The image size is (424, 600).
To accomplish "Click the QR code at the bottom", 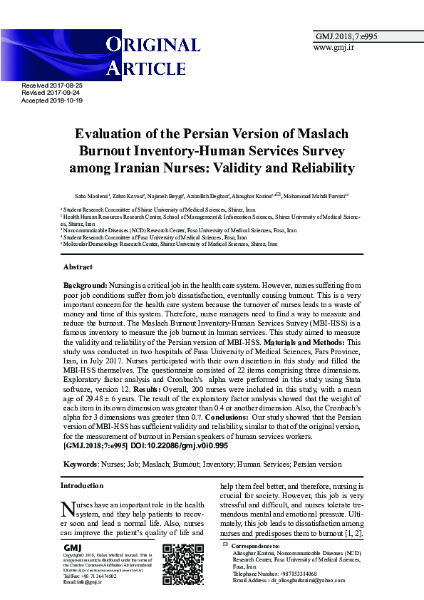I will (183, 564).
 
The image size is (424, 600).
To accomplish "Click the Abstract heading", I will (78, 267).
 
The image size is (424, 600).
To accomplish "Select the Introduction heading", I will (81, 485).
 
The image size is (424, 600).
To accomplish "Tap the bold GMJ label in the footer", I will (72, 547).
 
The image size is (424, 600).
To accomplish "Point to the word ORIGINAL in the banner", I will (152, 46).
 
